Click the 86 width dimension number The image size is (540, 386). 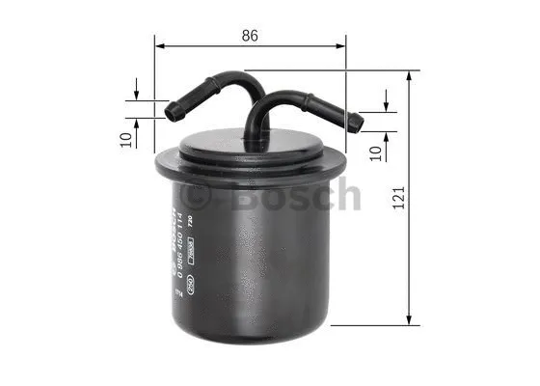(250, 35)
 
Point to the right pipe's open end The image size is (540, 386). (358, 122)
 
